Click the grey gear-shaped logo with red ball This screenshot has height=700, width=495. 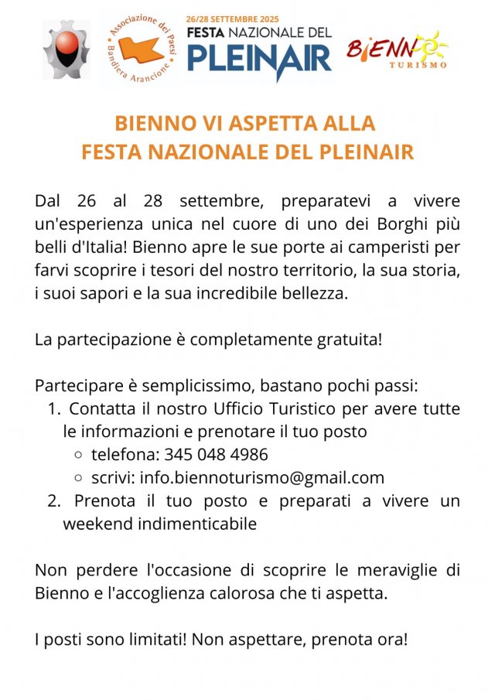[x=66, y=50]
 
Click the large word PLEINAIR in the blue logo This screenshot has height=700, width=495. [x=259, y=58]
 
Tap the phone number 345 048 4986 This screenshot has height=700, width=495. [x=216, y=455]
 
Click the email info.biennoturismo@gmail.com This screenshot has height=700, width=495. [x=262, y=477]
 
